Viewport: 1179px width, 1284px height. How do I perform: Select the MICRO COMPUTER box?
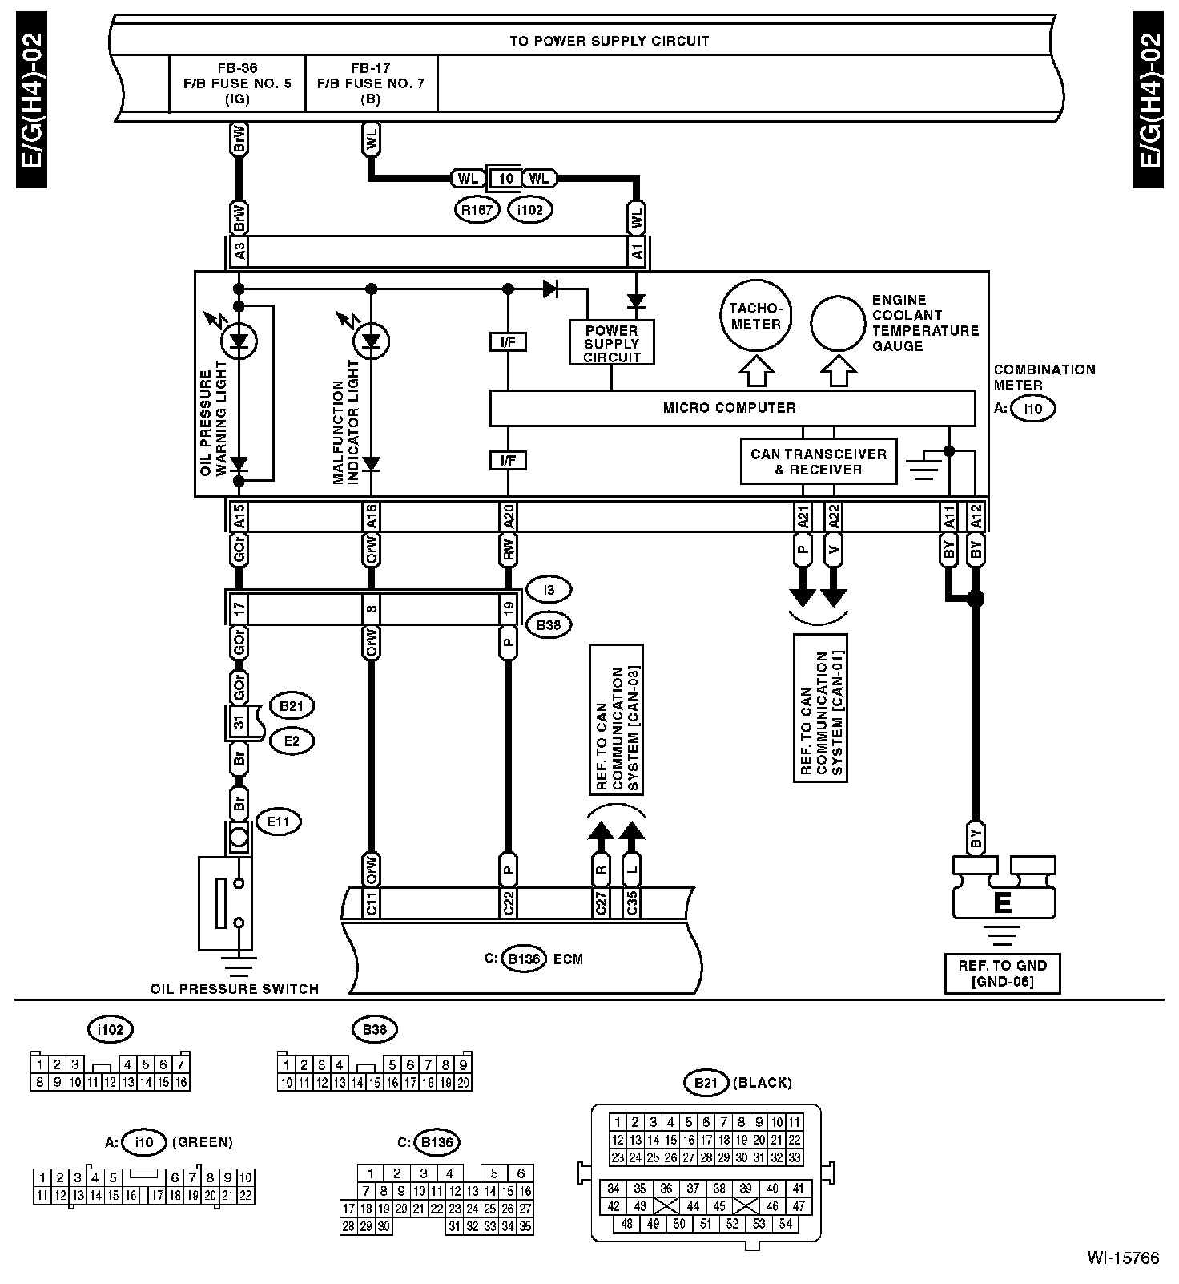pyautogui.click(x=732, y=408)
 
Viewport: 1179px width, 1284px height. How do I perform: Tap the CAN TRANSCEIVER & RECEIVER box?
pyautogui.click(x=819, y=462)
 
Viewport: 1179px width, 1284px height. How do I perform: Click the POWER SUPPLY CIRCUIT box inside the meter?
pyautogui.click(x=611, y=343)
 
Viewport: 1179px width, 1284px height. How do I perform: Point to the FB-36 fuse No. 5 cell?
pyautogui.click(x=238, y=83)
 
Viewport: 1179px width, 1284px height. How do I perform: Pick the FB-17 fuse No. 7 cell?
pyautogui.click(x=372, y=83)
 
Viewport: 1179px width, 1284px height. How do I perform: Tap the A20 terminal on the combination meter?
pyautogui.click(x=508, y=516)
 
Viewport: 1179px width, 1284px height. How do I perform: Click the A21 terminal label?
pyautogui.click(x=803, y=516)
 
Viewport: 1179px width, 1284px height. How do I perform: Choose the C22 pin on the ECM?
pyautogui.click(x=508, y=902)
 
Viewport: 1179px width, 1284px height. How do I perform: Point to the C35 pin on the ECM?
pyautogui.click(x=632, y=902)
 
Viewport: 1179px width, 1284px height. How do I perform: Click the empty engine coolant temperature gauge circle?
pyautogui.click(x=838, y=325)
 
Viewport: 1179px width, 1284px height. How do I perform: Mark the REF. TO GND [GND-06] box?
pyautogui.click(x=1002, y=974)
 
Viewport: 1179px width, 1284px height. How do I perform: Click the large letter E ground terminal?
pyautogui.click(x=1002, y=903)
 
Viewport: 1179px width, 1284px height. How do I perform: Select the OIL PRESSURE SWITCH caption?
pyautogui.click(x=235, y=989)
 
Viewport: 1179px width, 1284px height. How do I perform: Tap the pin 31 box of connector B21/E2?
pyautogui.click(x=238, y=722)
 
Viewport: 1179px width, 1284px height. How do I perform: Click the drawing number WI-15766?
pyautogui.click(x=1123, y=1258)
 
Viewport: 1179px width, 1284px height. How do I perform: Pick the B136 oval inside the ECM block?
pyautogui.click(x=523, y=959)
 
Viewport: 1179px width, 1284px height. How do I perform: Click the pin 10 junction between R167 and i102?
pyautogui.click(x=505, y=178)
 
